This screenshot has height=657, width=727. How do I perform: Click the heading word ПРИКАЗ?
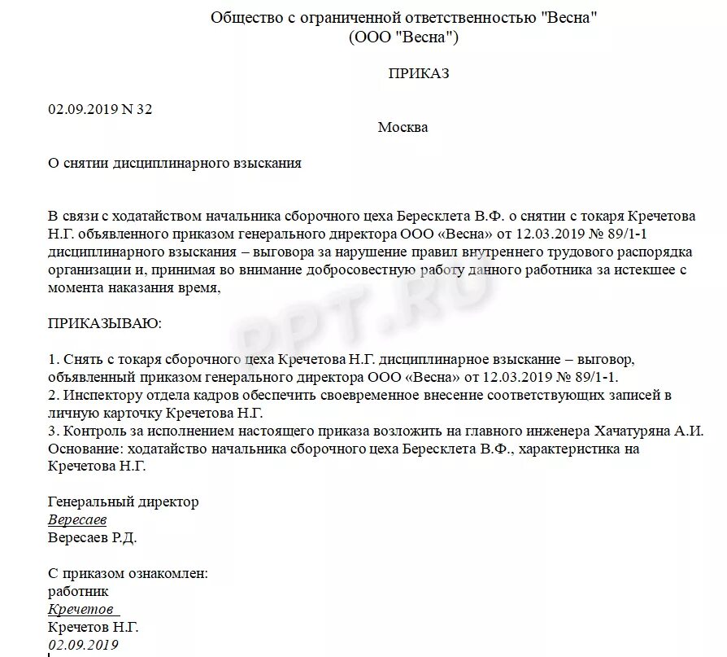coord(419,73)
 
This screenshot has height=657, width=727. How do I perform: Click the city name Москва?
coord(403,127)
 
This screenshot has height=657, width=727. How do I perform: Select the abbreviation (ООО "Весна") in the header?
coord(403,37)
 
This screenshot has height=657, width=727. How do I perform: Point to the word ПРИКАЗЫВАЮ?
coord(105,323)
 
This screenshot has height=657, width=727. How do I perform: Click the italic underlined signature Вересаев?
coord(77,520)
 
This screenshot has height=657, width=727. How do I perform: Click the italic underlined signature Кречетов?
coord(81,610)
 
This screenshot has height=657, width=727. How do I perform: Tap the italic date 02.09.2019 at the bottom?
coord(83,646)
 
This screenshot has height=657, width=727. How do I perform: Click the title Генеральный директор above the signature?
coord(123,502)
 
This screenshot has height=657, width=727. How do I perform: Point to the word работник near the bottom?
coord(78,592)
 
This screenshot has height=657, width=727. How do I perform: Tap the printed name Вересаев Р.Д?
coord(93,538)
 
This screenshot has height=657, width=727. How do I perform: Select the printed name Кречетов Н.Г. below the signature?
coord(94,628)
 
